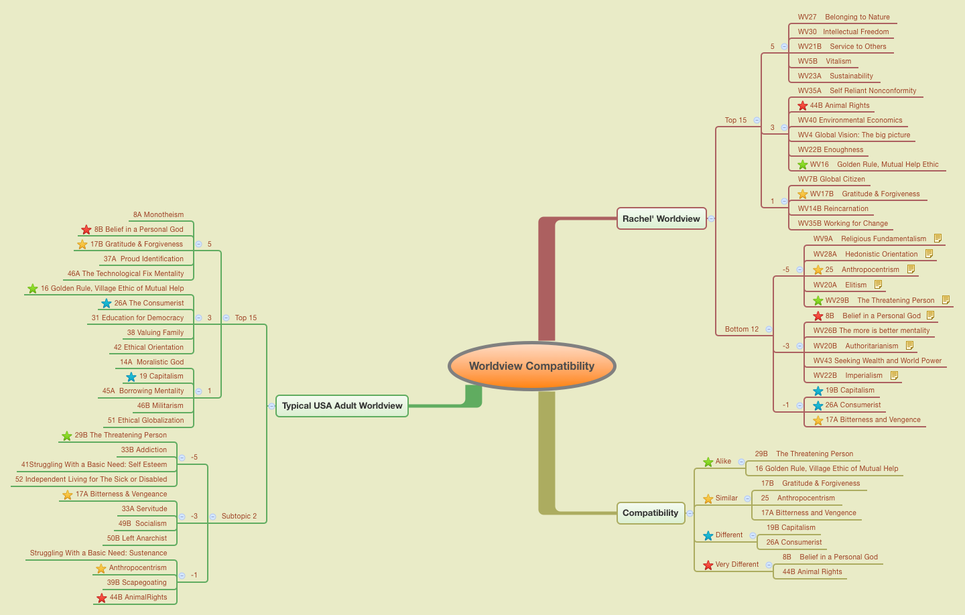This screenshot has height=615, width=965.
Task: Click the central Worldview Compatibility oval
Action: (x=531, y=366)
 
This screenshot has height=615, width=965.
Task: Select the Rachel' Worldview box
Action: (x=661, y=218)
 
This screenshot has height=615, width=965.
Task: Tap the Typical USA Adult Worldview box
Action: (x=342, y=406)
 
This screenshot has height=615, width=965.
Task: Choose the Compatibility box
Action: (x=650, y=513)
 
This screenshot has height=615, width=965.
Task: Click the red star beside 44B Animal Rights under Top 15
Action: (x=803, y=105)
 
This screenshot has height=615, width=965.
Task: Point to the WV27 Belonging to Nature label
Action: (x=844, y=17)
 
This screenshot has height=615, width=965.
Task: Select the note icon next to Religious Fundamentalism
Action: (x=938, y=238)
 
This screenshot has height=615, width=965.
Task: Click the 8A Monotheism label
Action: (x=158, y=215)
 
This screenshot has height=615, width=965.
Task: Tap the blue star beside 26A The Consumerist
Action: (x=107, y=303)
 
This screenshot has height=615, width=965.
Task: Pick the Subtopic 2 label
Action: (x=239, y=517)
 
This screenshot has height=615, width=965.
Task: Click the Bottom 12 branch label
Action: (x=742, y=329)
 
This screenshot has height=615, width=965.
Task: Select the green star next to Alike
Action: (x=708, y=462)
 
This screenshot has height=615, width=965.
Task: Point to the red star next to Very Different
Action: (x=708, y=565)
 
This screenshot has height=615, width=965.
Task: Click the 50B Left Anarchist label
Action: (x=137, y=539)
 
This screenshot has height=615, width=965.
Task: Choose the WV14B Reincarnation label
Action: (x=833, y=209)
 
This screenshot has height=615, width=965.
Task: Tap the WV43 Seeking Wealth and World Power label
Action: (x=877, y=360)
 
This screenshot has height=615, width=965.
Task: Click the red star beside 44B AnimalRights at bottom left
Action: (x=102, y=598)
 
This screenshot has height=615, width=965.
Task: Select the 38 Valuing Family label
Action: (x=155, y=333)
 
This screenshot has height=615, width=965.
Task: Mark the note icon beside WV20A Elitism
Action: (x=879, y=285)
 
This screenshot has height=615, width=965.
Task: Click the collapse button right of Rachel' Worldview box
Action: (x=712, y=218)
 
